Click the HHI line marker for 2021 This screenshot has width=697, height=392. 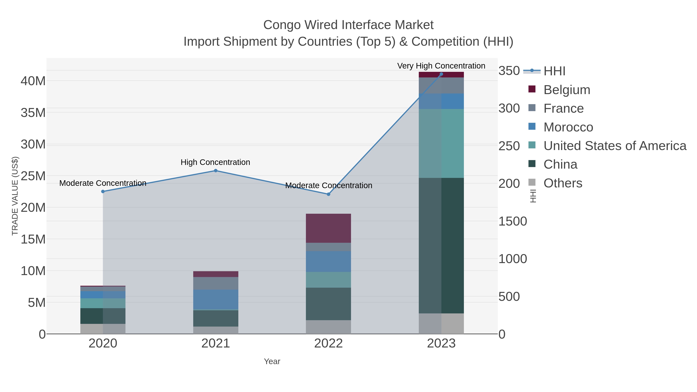[x=216, y=171]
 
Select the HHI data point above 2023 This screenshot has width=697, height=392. [x=441, y=74]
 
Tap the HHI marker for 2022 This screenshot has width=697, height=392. [x=329, y=194]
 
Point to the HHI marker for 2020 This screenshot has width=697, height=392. [x=103, y=191]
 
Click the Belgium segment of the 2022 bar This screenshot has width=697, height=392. [x=329, y=228]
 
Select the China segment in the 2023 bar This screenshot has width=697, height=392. [x=441, y=246]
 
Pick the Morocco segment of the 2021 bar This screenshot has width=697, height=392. [x=216, y=299]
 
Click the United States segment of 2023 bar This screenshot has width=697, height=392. [x=441, y=143]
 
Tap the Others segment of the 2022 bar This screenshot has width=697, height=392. [x=329, y=327]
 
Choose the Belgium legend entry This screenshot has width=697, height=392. [x=567, y=90]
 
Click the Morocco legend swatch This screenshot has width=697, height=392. [x=532, y=126]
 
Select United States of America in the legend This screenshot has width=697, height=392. [x=615, y=146]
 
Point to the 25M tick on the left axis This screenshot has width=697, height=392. [x=33, y=176]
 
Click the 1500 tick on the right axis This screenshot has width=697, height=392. [x=512, y=221]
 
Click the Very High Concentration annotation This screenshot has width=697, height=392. [x=441, y=66]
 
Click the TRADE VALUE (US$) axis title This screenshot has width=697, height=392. [x=15, y=196]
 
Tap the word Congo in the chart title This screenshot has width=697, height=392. [x=282, y=25]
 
